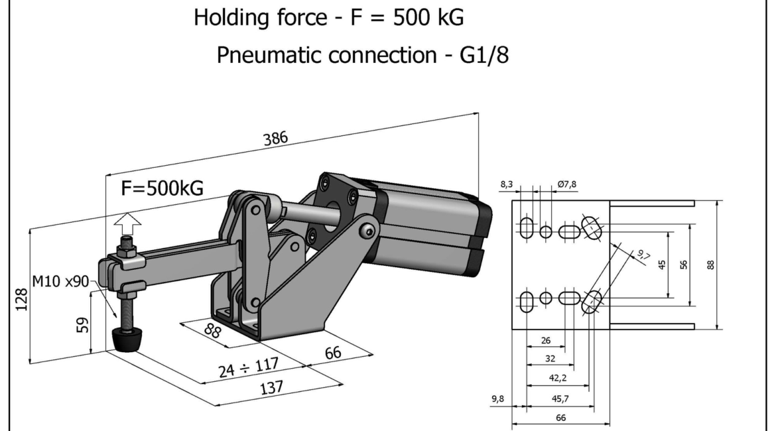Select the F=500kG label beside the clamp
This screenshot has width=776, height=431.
[162, 189]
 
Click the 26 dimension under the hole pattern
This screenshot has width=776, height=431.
[546, 341]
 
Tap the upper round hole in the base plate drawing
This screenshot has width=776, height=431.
[546, 231]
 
